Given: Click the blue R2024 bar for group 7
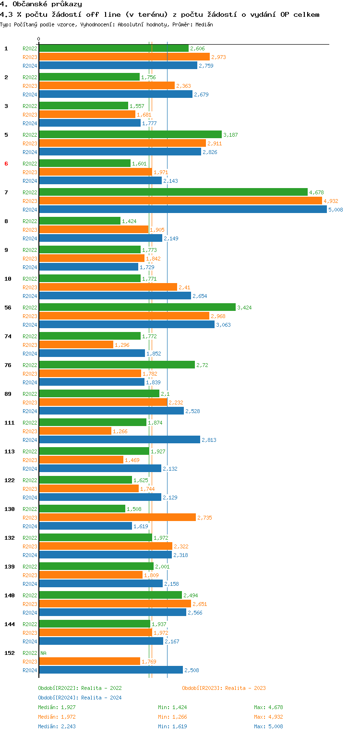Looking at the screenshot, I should coord(182,210).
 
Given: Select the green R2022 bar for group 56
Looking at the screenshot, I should coord(137,308).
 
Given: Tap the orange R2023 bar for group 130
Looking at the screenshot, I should coord(117,518).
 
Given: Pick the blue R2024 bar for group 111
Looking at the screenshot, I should coord(119,440).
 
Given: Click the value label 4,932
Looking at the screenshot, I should coord(331,201).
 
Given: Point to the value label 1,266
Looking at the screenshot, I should coord(120,431).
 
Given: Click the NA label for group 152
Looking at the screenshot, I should coord(43,653).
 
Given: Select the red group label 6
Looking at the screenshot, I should coord(6,164).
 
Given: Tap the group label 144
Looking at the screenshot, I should coord(9,624).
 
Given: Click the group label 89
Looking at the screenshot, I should coord(8,394).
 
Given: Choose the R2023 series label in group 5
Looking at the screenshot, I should coord(30,143).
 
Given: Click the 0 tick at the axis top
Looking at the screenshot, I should coord(39,39).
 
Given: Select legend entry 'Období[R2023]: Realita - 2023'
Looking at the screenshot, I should coord(224,688).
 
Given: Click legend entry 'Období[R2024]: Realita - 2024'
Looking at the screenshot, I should coord(80,698).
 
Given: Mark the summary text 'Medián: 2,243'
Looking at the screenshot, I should coord(57,726).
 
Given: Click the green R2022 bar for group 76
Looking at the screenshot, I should coord(117,365).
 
